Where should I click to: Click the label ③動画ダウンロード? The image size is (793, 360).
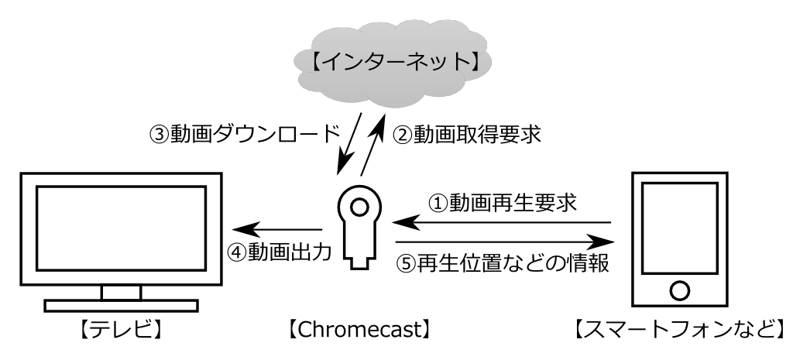[x=243, y=132]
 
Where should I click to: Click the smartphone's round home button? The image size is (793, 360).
[x=679, y=290]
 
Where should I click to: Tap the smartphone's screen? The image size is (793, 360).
[x=679, y=230]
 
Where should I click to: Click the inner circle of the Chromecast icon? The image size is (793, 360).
[x=359, y=207]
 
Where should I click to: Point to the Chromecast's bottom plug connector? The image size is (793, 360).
[x=359, y=259]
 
